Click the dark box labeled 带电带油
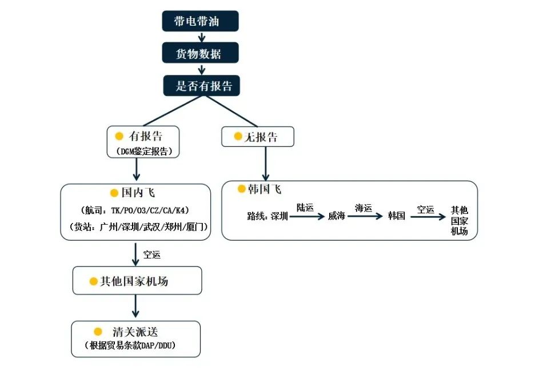click(200, 21)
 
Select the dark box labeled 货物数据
click(200, 53)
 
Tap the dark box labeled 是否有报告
click(202, 85)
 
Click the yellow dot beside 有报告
click(119, 136)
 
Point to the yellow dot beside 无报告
click(238, 136)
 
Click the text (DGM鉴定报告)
click(144, 151)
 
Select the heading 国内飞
click(138, 193)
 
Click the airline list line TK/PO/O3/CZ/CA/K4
click(135, 210)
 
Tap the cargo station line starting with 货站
click(138, 226)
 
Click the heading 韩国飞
click(265, 189)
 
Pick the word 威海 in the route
click(337, 216)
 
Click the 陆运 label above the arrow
click(305, 208)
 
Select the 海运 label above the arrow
click(364, 208)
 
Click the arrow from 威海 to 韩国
click(365, 216)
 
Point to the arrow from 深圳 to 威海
click(307, 216)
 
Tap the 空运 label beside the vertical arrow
click(152, 254)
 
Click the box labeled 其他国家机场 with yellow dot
click(137, 281)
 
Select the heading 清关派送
click(135, 332)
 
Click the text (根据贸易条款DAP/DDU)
click(130, 345)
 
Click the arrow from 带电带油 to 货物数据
click(202, 37)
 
